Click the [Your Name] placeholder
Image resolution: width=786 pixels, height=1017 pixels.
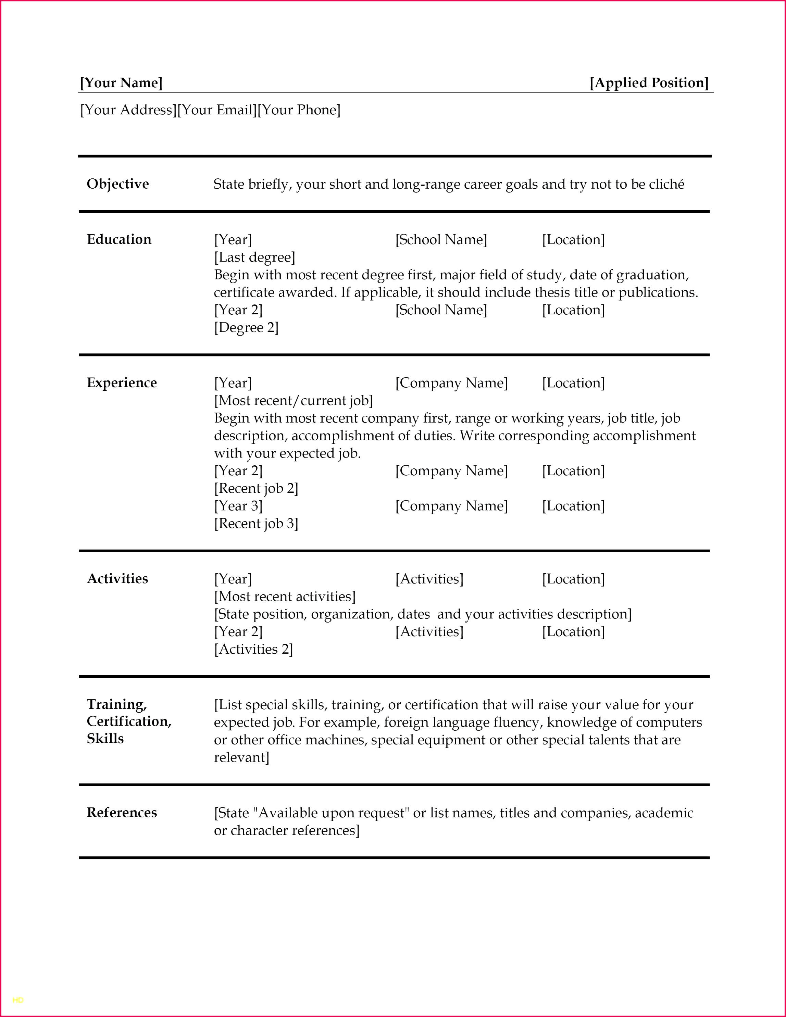coord(121,83)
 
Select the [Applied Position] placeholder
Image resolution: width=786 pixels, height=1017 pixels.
coord(649,83)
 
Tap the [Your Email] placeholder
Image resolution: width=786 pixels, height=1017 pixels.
coord(217,110)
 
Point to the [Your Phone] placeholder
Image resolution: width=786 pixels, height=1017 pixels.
coord(299,110)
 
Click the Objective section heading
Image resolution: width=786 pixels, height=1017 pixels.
coord(118,184)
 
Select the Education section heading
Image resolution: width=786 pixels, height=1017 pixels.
coord(119,239)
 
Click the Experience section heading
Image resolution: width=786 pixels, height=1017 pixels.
coord(122,383)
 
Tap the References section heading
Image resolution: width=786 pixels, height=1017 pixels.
coord(122,813)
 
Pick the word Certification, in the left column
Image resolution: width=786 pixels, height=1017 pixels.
coord(129,721)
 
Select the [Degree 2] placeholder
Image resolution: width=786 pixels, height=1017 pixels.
coord(246,328)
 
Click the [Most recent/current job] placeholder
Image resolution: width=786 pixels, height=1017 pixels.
coord(294,401)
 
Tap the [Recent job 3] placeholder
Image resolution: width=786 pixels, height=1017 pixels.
coord(256,524)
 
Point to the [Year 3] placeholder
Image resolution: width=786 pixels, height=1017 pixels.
coord(238,506)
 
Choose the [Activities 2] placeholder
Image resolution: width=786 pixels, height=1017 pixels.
coord(254,650)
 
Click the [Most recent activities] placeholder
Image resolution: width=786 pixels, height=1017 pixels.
coord(285,597)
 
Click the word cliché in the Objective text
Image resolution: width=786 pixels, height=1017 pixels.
coord(666,185)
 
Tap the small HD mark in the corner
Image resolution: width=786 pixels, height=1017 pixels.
coord(18,1000)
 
